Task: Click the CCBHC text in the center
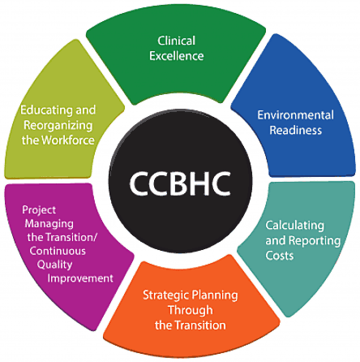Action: [180, 183]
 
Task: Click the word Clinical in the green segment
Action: [177, 41]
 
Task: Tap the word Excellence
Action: [177, 56]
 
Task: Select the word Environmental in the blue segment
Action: [295, 115]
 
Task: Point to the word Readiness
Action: [296, 130]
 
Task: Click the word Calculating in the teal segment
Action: [295, 226]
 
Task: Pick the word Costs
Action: [280, 256]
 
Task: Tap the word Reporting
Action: [315, 241]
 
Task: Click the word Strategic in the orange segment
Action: [165, 295]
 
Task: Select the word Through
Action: [191, 310]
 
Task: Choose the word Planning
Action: [213, 295]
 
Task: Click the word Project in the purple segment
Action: [39, 210]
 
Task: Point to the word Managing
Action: [49, 224]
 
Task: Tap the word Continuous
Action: [58, 251]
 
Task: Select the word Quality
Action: [55, 265]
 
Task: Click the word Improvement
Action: [80, 278]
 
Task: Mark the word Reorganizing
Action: [58, 126]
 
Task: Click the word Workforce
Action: [68, 140]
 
